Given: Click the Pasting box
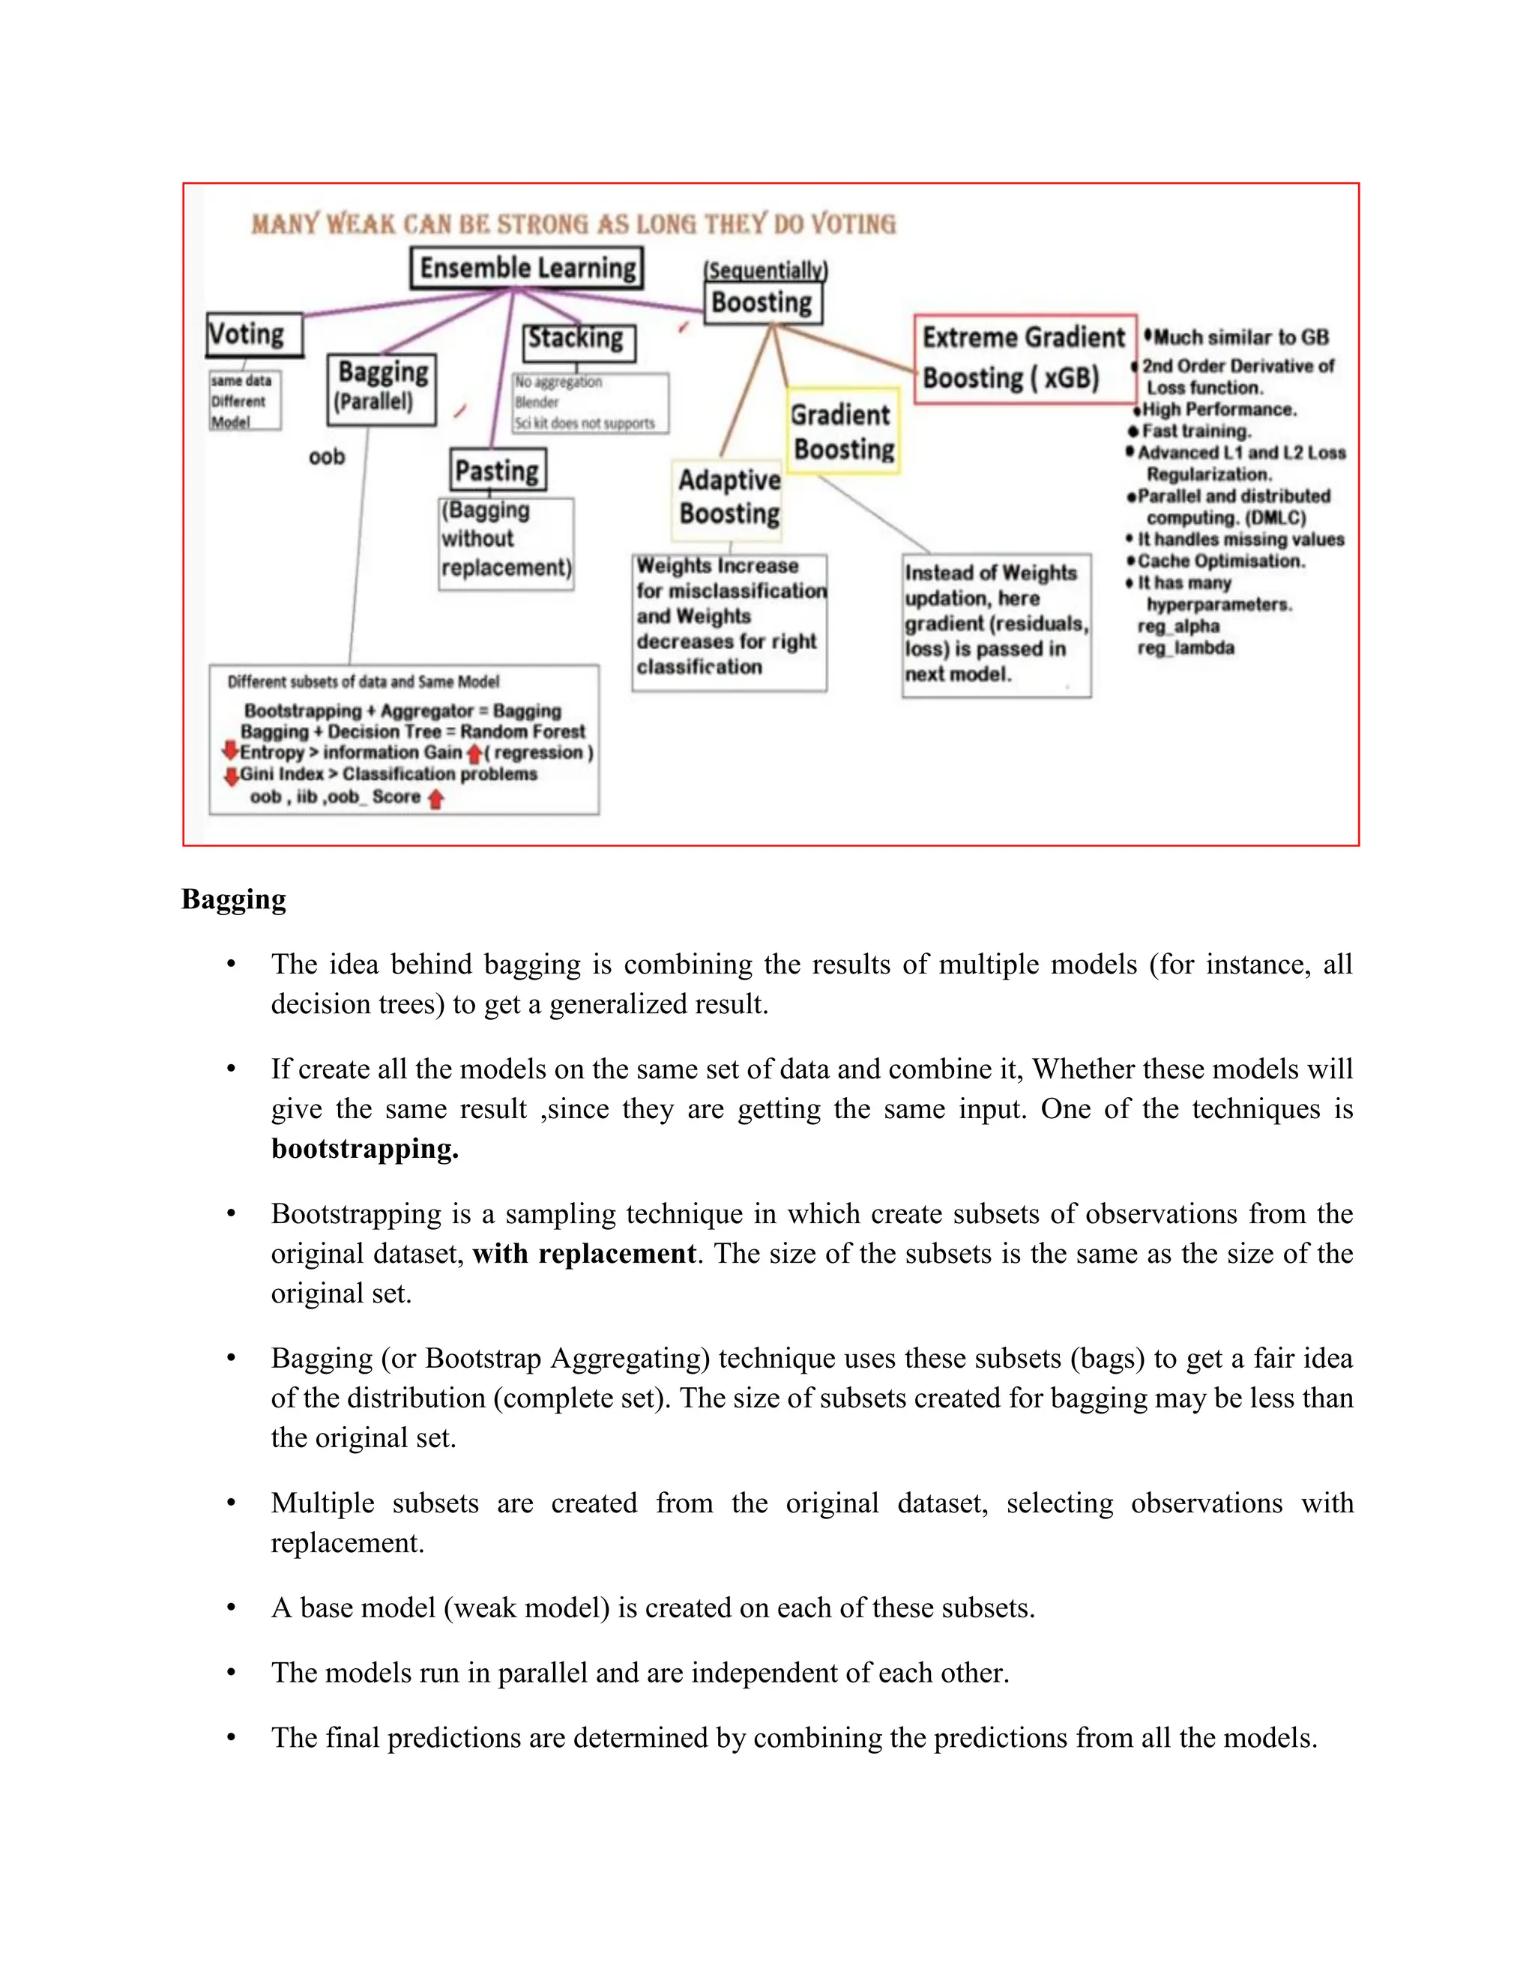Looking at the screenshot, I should tap(498, 470).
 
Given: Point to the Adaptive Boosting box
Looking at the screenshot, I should tap(729, 496).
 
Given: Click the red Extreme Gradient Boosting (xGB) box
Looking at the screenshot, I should tap(1024, 358).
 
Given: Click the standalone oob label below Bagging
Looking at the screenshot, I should tap(327, 456).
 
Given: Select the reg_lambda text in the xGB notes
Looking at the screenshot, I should tap(1185, 648).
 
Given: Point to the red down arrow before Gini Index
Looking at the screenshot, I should tap(231, 775).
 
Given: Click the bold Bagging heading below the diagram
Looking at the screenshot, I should tap(234, 899).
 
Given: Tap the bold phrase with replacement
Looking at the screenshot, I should tap(584, 1254).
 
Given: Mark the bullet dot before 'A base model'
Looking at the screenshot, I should tap(232, 1608).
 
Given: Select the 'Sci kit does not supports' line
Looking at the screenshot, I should tap(585, 423).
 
